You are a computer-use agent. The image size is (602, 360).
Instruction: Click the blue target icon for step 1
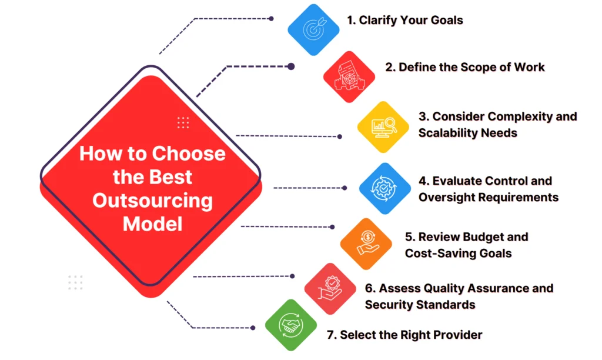coord(313,29)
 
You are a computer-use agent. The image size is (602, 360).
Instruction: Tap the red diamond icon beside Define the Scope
coord(349,77)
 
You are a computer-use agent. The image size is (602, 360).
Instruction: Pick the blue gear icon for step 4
coord(384,188)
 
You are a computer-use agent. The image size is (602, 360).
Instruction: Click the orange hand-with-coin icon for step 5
coord(366,244)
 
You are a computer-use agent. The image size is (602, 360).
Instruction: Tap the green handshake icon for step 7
coord(290,325)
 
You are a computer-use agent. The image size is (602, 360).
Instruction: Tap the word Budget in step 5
coord(477,237)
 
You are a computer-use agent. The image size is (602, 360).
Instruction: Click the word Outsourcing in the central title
coord(152,200)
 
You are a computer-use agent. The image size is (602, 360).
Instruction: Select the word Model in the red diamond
coord(152,224)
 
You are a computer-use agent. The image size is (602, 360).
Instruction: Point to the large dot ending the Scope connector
coord(291,66)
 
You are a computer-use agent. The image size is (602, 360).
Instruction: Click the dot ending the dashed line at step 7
coord(253,328)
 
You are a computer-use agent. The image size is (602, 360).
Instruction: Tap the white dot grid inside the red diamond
coord(183,122)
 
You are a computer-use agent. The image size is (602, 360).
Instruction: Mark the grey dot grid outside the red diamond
coord(75,282)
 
